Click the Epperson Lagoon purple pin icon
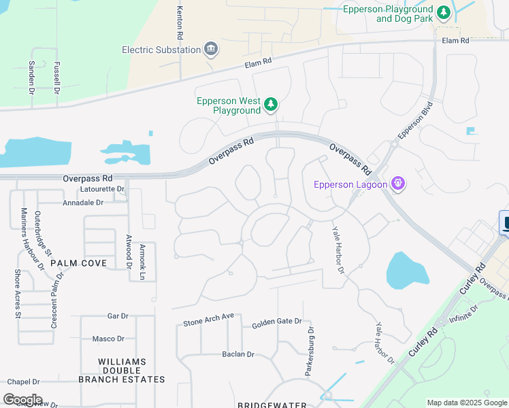tap(398, 184)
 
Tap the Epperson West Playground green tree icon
tap(271, 104)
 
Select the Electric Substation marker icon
tap(210, 49)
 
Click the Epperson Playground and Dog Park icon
tap(444, 13)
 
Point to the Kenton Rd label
tap(180, 22)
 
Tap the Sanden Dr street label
tap(31, 76)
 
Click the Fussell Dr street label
tap(56, 76)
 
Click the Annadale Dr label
tap(82, 203)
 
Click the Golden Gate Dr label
tap(276, 322)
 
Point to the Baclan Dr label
tap(237, 354)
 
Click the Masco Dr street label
tap(108, 339)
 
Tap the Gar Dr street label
tap(118, 316)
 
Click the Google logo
tap(22, 400)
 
